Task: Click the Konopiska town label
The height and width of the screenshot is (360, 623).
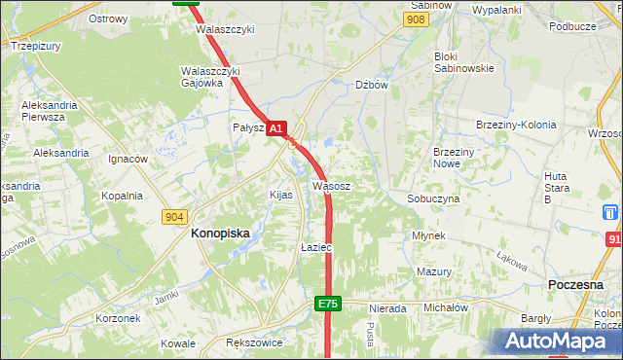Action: pos(220,234)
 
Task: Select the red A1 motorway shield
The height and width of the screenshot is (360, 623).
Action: pos(276,128)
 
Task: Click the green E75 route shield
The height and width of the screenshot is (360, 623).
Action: pos(328,305)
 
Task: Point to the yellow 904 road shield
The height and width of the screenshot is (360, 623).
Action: pos(174,216)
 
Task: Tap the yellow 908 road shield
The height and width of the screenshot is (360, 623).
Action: pos(417,19)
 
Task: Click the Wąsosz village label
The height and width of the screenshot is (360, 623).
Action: pos(331,185)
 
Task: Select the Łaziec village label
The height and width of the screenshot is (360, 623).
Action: pos(316,248)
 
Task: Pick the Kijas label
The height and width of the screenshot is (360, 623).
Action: pos(280,195)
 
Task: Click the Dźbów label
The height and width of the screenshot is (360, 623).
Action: pos(372,85)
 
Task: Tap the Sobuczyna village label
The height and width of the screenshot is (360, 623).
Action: pos(433,198)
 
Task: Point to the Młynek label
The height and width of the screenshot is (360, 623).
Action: pos(428,235)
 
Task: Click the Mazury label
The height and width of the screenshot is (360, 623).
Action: pos(433,271)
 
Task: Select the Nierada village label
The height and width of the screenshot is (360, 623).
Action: pos(386,308)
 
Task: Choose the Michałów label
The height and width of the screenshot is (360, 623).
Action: pos(446,307)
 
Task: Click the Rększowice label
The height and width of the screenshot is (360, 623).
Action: pos(253,343)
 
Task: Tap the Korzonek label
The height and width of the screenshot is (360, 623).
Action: pos(121,318)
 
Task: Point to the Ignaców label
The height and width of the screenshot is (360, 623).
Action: pos(128,159)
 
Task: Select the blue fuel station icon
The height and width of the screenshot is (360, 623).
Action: pos(610,212)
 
